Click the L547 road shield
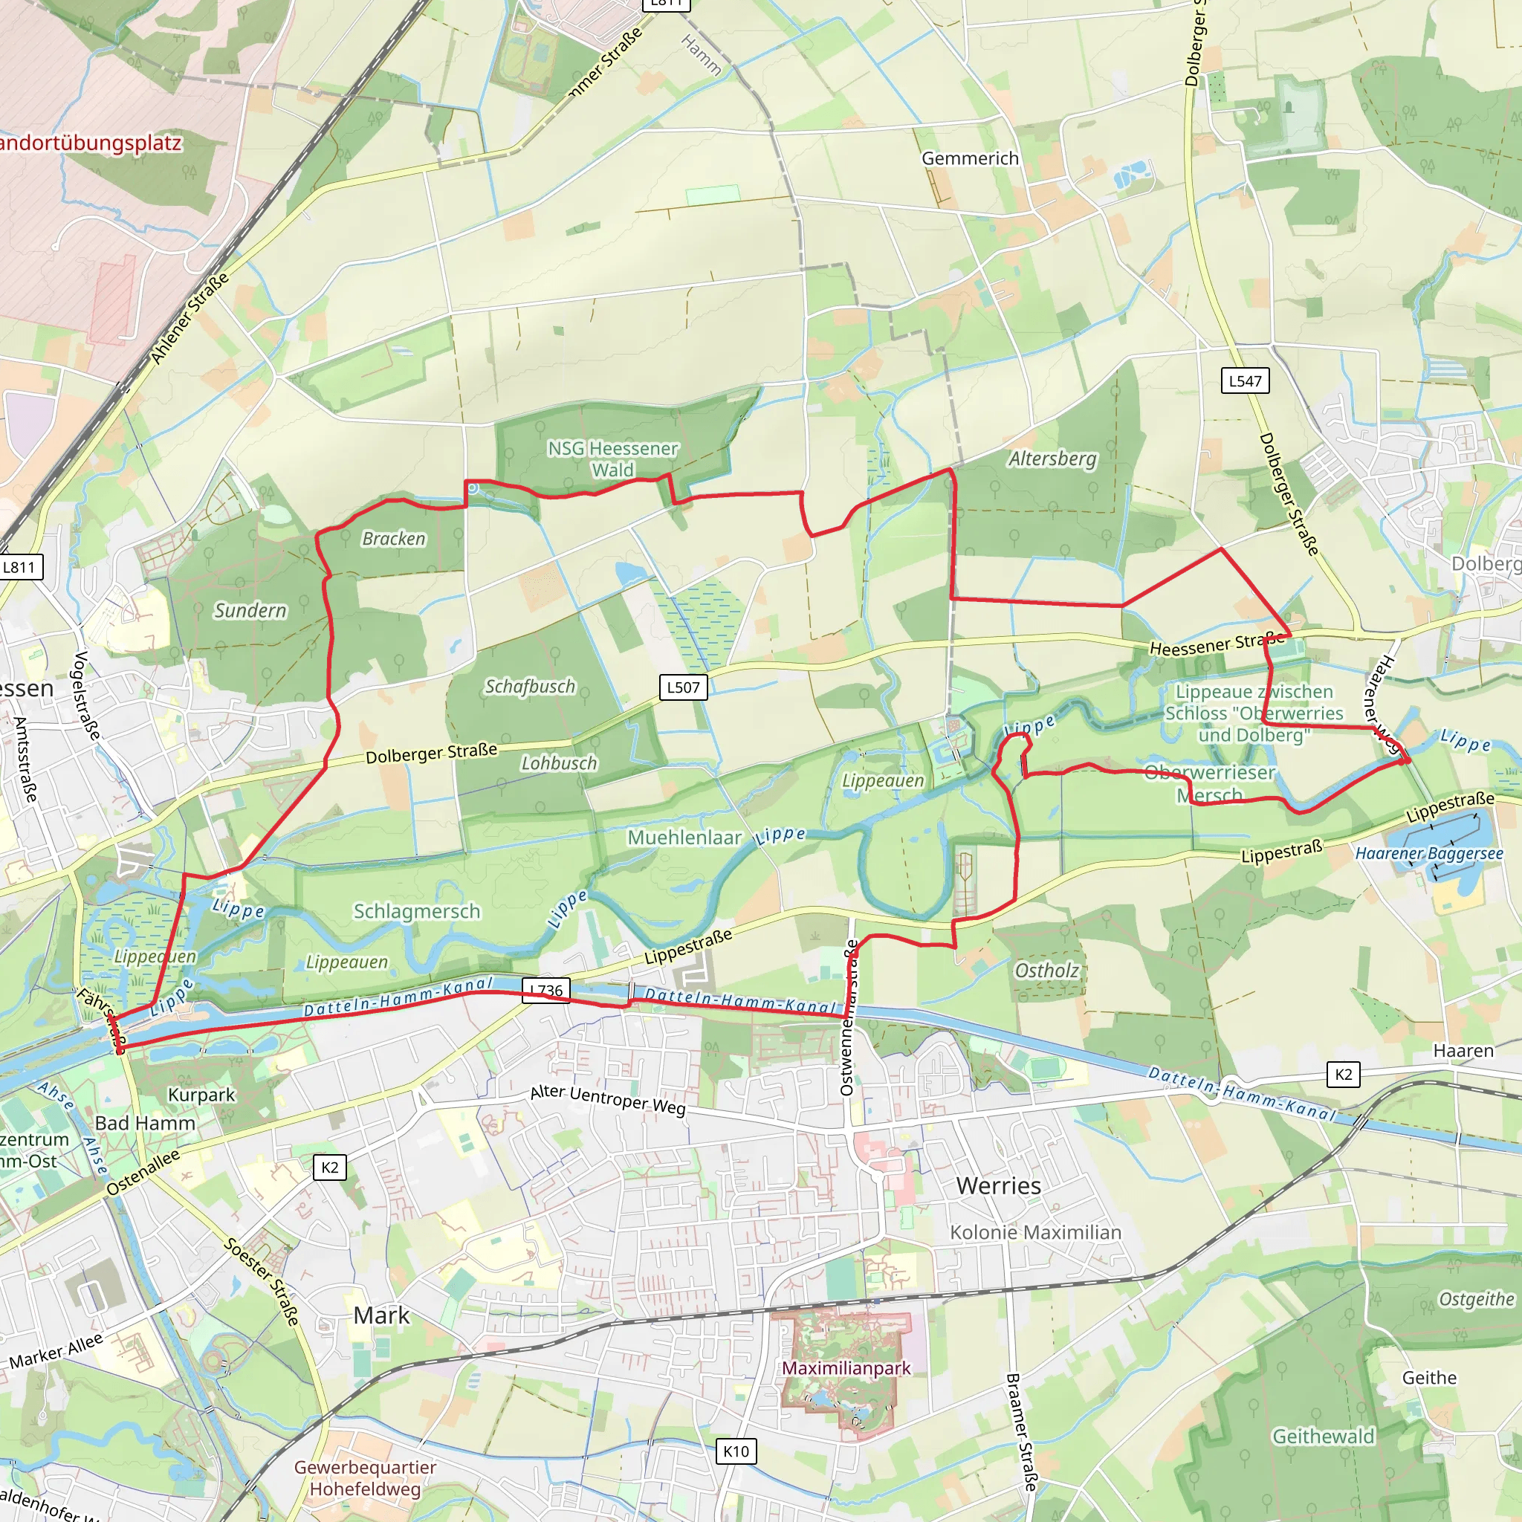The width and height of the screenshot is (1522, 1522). tap(1245, 381)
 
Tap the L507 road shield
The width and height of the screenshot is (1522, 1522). tap(683, 687)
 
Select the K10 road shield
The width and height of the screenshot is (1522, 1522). tap(736, 1451)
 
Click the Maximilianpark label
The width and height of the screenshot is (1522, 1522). tap(846, 1368)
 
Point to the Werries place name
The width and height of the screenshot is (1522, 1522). tap(998, 1185)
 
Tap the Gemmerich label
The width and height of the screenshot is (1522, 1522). tap(970, 158)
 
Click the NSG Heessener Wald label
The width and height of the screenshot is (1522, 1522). tap(613, 459)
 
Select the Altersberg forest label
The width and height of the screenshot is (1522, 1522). tap(1052, 459)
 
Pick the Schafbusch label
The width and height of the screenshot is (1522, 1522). tap(530, 686)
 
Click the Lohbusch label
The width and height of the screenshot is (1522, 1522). tap(560, 762)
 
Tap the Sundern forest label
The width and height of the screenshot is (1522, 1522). tap(250, 611)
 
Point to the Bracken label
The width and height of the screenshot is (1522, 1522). tap(394, 539)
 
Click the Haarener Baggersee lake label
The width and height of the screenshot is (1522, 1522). tap(1429, 853)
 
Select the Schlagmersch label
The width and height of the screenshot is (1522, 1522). tap(417, 911)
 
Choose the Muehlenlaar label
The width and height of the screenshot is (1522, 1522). tap(684, 838)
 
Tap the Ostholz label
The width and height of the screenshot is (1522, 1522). tap(1046, 971)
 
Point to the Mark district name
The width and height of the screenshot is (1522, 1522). tap(381, 1315)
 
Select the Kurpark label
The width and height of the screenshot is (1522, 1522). tap(201, 1094)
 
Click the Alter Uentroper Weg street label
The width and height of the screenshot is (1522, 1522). tap(607, 1100)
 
